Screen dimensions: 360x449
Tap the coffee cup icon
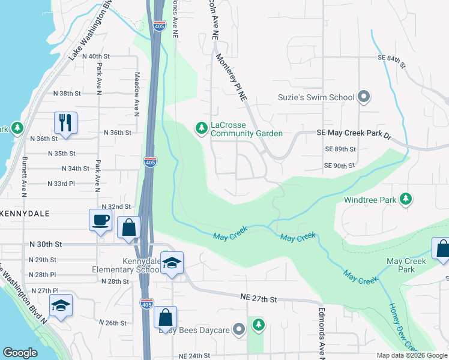(x=100, y=219)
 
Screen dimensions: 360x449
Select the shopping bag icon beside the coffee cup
(x=128, y=227)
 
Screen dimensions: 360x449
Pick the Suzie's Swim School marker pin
(x=363, y=97)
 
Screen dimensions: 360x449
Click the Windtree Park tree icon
(x=406, y=199)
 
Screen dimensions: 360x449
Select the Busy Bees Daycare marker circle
(x=240, y=329)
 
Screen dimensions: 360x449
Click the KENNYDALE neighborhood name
(x=25, y=214)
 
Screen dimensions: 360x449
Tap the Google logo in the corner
(x=20, y=353)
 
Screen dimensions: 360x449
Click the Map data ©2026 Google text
(x=411, y=355)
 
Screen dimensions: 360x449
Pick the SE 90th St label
(x=340, y=166)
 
